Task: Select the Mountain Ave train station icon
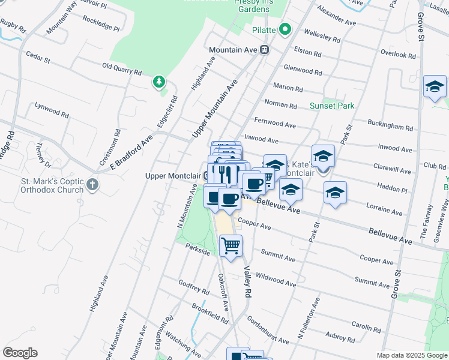[x=264, y=50]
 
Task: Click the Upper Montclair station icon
[x=206, y=176]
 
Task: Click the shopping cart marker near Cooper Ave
[x=231, y=245]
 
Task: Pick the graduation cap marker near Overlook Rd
[x=434, y=88]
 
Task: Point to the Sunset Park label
[x=331, y=106]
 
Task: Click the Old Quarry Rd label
[x=121, y=69]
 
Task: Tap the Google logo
[x=20, y=352]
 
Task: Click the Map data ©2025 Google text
[x=412, y=355]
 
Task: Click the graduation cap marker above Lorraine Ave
[x=335, y=193]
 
